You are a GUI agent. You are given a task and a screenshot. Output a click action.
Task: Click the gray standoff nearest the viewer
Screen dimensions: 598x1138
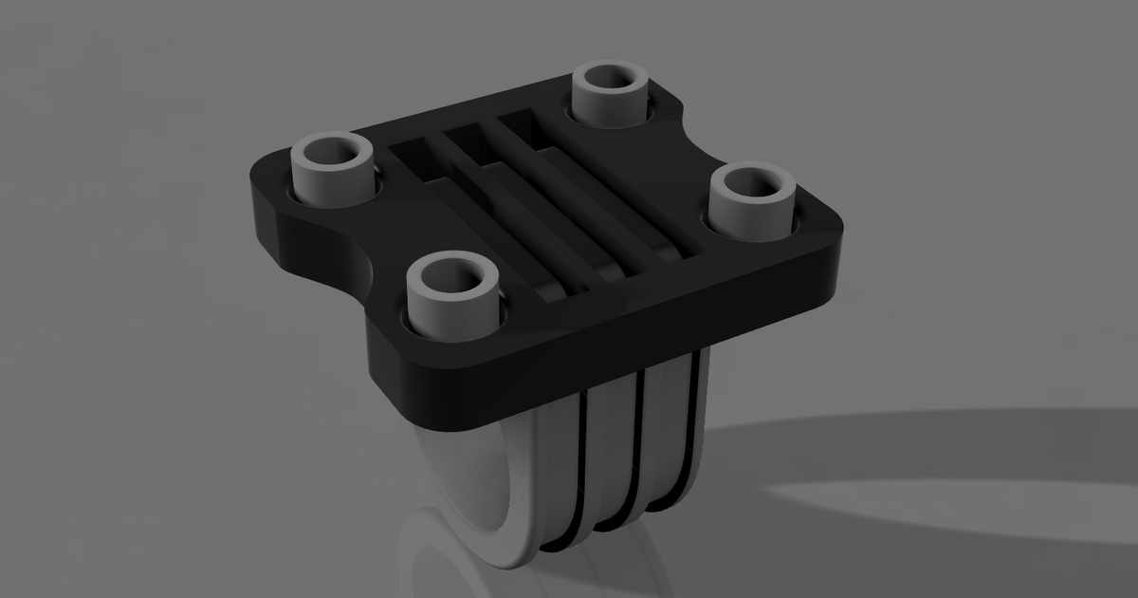[453, 299]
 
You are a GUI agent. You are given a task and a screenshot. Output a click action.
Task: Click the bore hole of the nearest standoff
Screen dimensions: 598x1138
[453, 276]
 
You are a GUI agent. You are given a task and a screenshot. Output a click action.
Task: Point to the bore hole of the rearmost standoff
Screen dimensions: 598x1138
[612, 77]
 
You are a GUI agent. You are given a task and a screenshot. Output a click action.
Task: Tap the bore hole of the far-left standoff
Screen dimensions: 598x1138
[331, 152]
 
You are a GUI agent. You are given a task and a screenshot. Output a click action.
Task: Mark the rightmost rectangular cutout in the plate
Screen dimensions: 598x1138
[520, 123]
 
